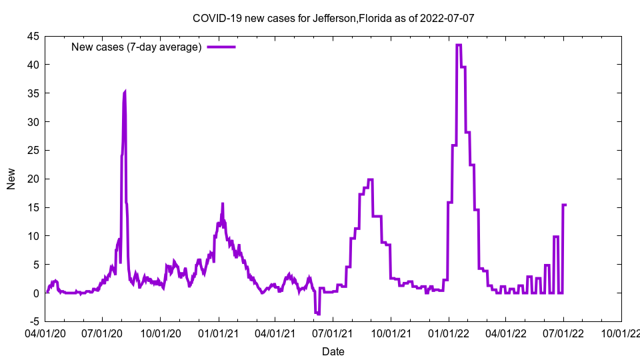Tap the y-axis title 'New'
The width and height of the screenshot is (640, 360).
coord(11,179)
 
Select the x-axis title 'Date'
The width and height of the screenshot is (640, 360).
coord(333,351)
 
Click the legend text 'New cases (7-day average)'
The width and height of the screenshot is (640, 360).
coord(136,47)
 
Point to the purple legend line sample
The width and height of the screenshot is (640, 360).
coord(221,47)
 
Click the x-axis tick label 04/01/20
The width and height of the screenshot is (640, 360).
coord(45,332)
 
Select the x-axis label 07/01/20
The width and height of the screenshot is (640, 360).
coord(103,332)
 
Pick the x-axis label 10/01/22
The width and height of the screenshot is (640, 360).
coord(621,332)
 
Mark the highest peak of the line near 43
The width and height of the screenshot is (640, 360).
coord(459,45)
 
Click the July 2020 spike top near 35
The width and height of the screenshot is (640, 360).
coord(125,93)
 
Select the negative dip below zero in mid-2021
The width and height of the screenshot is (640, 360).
coord(317,313)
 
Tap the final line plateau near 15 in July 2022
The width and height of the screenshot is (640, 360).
coord(565,205)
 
